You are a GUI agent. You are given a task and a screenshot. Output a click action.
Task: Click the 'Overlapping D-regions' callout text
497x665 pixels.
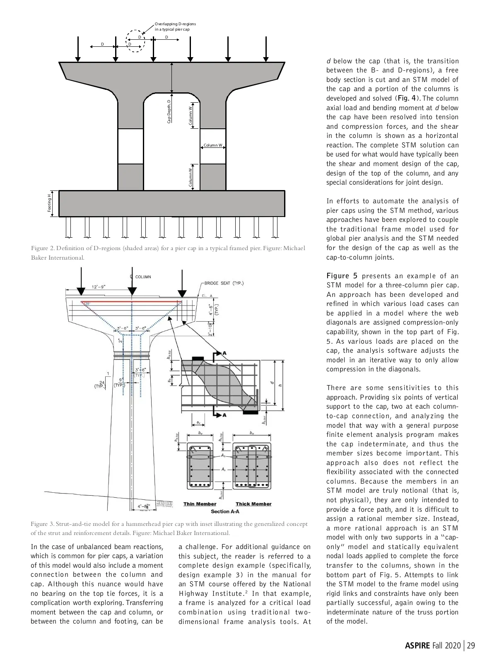coord(175,27)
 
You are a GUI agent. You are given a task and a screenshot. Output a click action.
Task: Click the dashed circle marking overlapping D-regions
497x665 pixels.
coord(135,41)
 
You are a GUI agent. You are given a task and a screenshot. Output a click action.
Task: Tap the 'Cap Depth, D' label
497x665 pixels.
coord(169,111)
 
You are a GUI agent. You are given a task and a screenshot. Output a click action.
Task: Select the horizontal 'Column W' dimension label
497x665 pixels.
coord(213,145)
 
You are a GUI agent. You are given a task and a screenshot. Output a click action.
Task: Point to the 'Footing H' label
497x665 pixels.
coord(50,203)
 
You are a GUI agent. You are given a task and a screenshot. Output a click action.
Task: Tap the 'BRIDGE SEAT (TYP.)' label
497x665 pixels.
coord(224,283)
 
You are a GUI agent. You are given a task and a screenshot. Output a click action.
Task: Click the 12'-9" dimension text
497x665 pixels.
coord(99,287)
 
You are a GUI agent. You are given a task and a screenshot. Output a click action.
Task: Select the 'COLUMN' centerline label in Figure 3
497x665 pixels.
coord(143,277)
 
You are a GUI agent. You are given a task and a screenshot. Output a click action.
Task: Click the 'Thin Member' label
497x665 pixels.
coord(200,504)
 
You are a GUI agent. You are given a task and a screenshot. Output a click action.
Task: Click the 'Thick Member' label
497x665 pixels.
coord(253,504)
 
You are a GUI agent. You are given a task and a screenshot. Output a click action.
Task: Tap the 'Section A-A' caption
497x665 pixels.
coord(225,511)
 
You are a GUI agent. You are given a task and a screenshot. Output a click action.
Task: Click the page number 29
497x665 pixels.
coord(470,646)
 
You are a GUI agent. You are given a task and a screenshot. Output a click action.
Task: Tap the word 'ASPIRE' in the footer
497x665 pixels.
coord(417,646)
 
